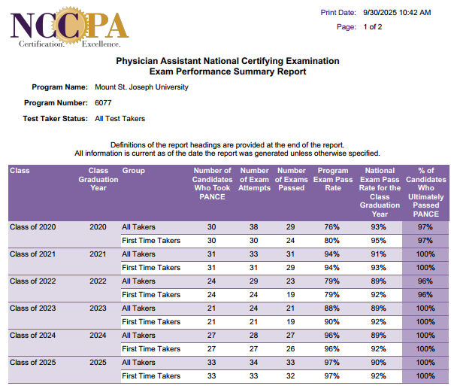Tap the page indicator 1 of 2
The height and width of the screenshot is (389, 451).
[373, 27]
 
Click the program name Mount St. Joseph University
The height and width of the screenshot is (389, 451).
[141, 87]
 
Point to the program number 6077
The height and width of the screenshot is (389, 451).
[103, 103]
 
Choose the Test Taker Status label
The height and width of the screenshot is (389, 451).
[54, 119]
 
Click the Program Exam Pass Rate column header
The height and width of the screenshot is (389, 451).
[331, 180]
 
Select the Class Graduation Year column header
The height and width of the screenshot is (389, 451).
[98, 180]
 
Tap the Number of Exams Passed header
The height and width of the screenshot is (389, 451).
[291, 180]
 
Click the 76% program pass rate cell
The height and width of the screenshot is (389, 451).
[331, 226]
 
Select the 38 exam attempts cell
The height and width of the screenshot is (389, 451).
[254, 226]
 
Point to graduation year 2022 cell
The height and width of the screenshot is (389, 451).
[98, 281]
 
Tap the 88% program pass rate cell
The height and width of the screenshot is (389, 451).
[331, 308]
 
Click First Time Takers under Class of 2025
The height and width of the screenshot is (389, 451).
[151, 376]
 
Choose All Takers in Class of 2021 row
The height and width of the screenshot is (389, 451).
[139, 254]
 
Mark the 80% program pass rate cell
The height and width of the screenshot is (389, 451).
[331, 240]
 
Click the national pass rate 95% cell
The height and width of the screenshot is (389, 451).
[378, 240]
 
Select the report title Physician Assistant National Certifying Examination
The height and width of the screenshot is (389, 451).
[227, 61]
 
